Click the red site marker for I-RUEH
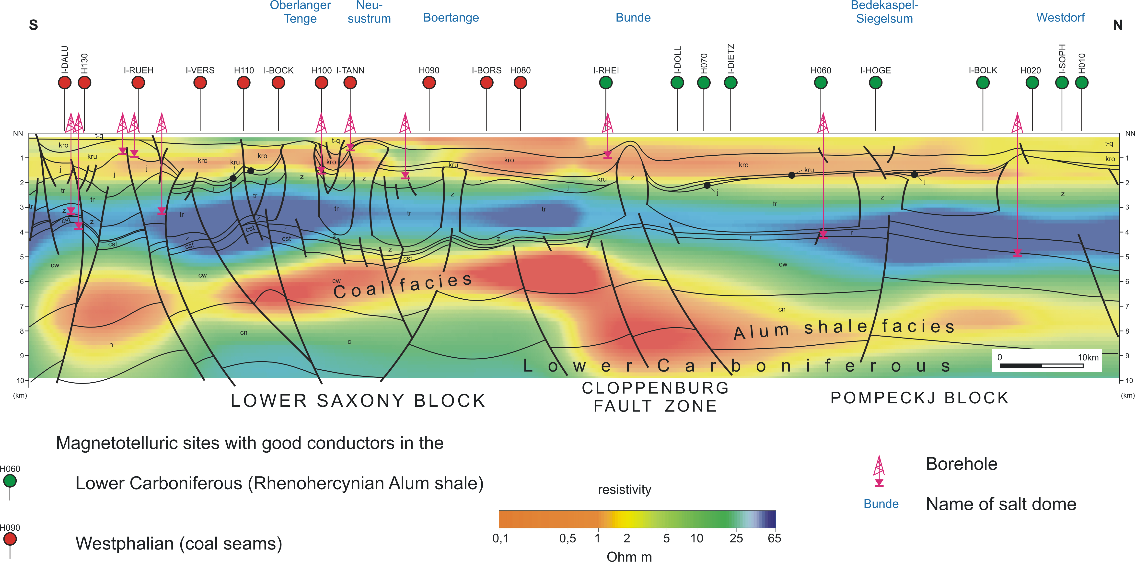[x=138, y=82]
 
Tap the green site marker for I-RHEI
[x=606, y=82]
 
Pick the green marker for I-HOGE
[x=876, y=82]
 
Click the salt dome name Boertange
[x=451, y=18]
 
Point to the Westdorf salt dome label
[x=1060, y=18]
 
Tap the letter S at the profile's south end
[x=34, y=25]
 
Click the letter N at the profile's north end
[x=1118, y=25]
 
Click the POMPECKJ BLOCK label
[x=920, y=398]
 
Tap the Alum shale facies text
[x=844, y=329]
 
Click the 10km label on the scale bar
[x=1088, y=357]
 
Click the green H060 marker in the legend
[x=10, y=481]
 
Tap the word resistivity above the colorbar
[x=624, y=490]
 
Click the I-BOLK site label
[x=983, y=70]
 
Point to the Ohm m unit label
[x=629, y=557]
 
